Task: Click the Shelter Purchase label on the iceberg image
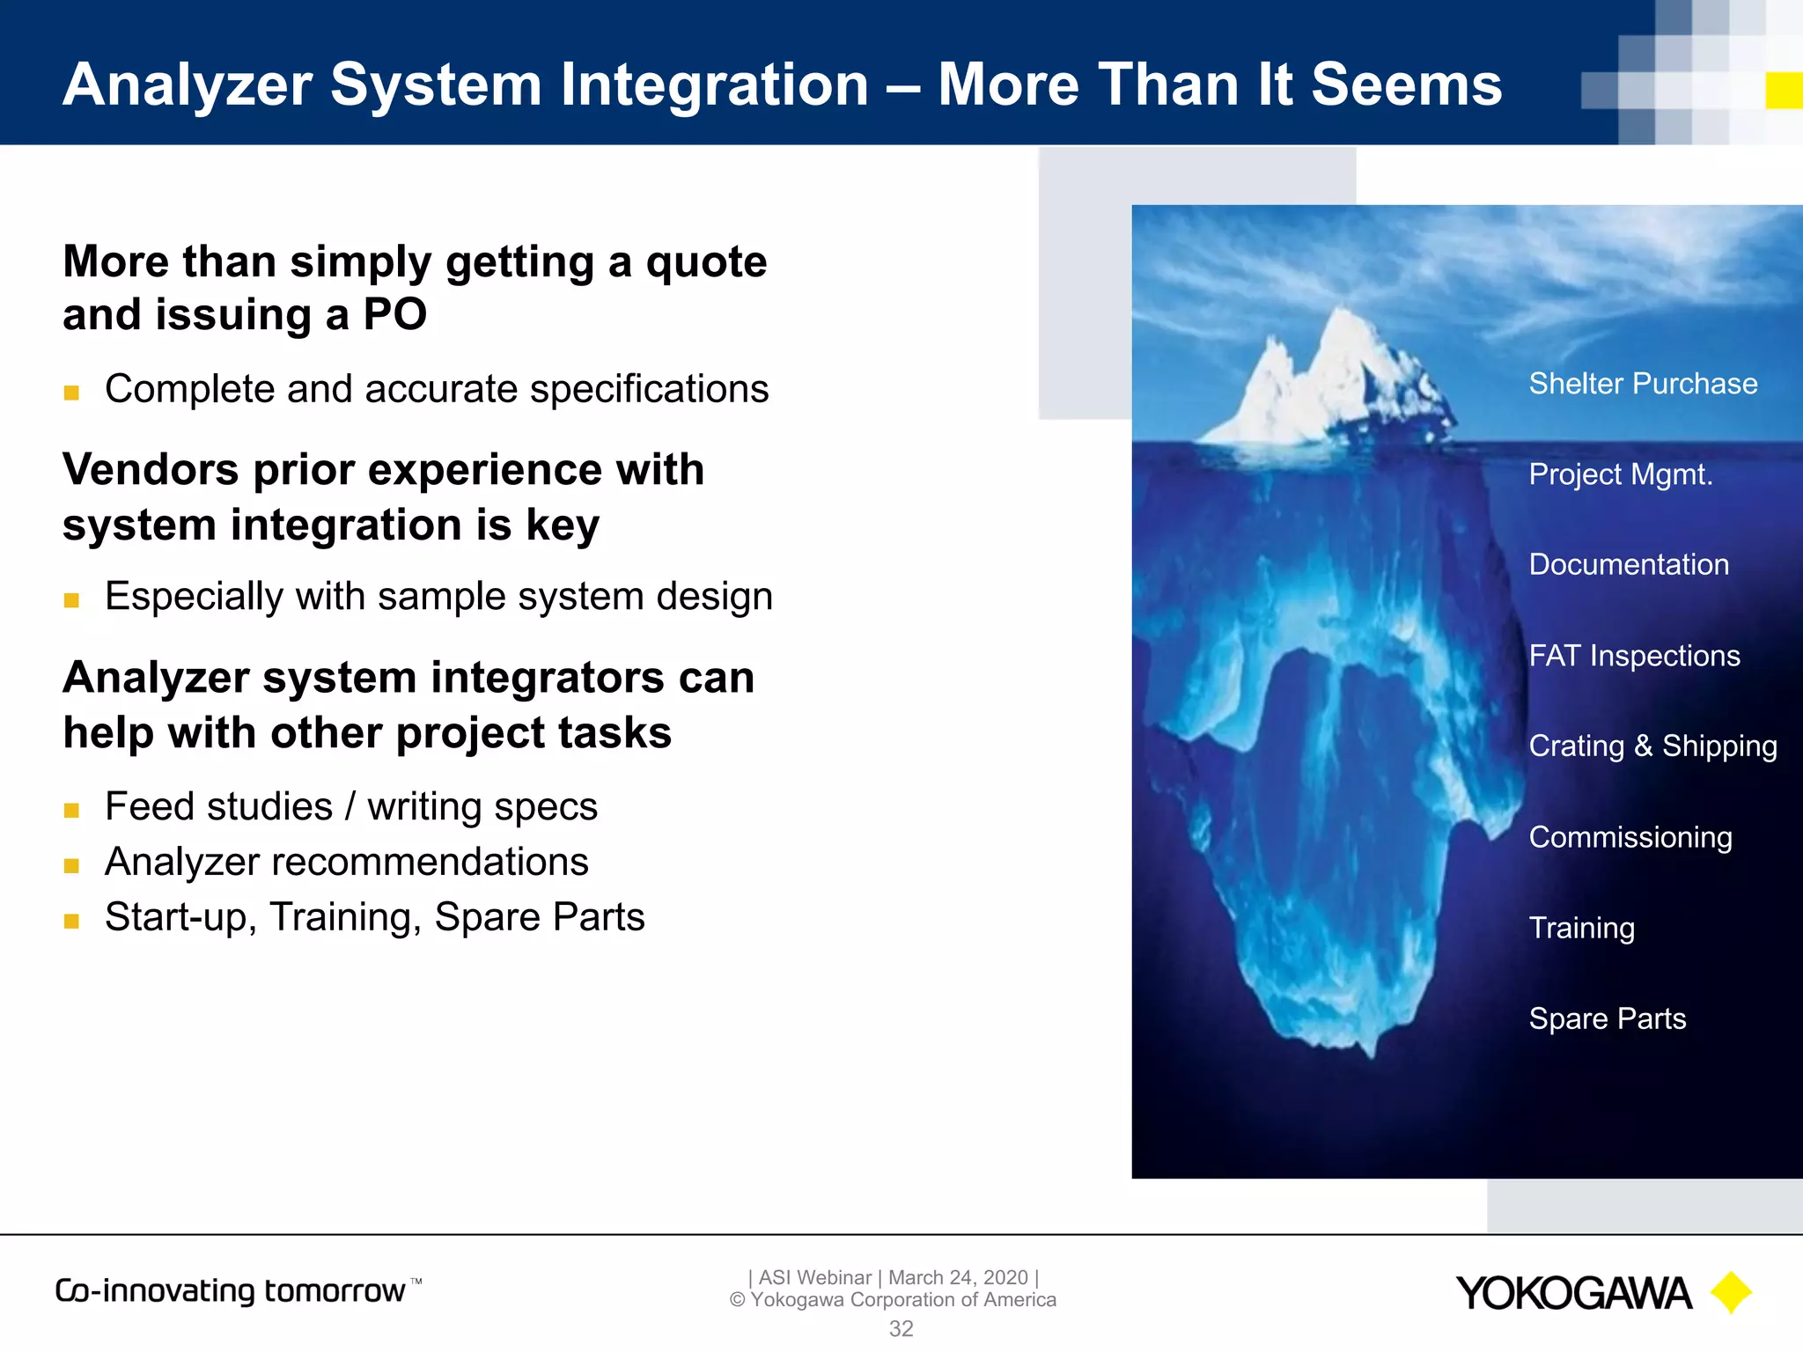tap(1643, 384)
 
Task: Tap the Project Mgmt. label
tap(1621, 474)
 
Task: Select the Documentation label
tap(1629, 565)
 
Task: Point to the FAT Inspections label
tap(1634, 656)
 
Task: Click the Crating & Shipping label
tap(1652, 746)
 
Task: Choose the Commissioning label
tap(1630, 837)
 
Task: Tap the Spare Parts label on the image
tap(1608, 1018)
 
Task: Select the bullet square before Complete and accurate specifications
tap(72, 393)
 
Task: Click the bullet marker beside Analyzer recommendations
tap(72, 865)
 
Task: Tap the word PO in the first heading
tap(394, 314)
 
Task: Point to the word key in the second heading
tap(563, 525)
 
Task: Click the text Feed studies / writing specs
tap(350, 806)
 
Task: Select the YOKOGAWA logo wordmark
tap(1573, 1293)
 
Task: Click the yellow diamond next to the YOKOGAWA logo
tap(1730, 1293)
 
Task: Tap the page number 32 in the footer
tap(901, 1328)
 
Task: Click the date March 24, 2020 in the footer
tap(958, 1277)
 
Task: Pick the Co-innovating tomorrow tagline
tap(231, 1290)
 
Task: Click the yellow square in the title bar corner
tap(1784, 91)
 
